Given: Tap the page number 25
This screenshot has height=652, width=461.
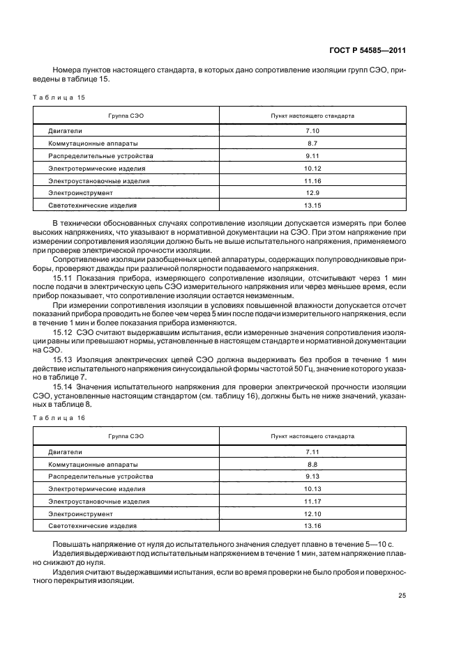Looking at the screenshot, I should (402, 595).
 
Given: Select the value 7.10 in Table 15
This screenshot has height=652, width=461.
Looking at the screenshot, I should (312, 130).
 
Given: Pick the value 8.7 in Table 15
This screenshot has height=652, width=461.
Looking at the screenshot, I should (312, 143).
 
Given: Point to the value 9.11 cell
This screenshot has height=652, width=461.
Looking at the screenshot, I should (312, 155).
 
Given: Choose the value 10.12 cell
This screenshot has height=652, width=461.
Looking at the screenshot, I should (312, 168).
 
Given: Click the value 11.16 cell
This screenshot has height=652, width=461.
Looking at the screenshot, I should (312, 180).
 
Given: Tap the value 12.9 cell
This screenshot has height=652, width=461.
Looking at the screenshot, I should (312, 193).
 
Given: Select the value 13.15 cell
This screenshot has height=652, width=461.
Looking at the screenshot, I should (312, 205).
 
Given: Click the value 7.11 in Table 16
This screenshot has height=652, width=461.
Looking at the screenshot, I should (312, 451).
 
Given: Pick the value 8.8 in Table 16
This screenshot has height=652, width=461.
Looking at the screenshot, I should (312, 464).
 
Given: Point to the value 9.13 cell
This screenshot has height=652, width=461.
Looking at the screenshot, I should (312, 476).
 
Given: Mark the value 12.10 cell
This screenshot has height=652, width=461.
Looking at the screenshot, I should (312, 514).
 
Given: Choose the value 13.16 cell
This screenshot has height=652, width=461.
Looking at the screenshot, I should (312, 527).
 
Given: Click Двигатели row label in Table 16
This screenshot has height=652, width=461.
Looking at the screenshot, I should (65, 451).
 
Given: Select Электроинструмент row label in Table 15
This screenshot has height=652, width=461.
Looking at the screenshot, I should (80, 193).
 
